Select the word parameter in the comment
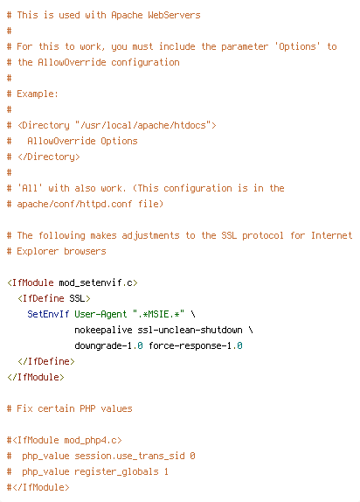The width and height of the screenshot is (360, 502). click(245, 46)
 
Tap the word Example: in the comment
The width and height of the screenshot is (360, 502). click(38, 94)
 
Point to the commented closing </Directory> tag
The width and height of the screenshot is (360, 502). click(49, 157)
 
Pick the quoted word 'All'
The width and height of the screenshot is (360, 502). click(30, 188)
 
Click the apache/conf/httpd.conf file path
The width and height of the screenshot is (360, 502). click(74, 204)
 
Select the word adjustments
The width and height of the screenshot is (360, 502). click(150, 235)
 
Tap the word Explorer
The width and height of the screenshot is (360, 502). click(38, 251)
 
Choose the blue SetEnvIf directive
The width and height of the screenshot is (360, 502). click(48, 314)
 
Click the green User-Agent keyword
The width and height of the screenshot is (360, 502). click(100, 314)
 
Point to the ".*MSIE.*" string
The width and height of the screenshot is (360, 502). click(158, 314)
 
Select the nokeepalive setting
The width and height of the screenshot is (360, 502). click(103, 330)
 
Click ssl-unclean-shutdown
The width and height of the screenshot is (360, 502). click(190, 330)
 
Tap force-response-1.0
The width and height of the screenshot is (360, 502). click(196, 345)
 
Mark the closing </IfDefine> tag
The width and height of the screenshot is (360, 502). click(46, 361)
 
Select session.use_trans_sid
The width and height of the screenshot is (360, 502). click(129, 457)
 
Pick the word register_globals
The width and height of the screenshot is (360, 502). click(116, 472)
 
